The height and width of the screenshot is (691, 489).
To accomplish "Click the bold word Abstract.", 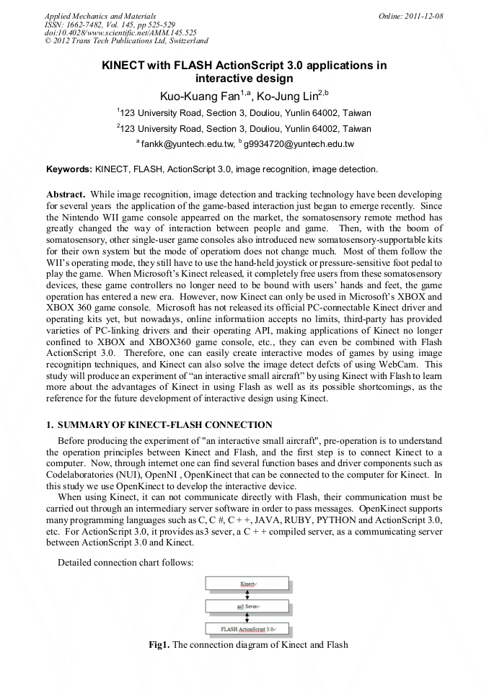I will (66, 195).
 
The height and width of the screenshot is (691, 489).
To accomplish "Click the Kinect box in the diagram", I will (247, 582).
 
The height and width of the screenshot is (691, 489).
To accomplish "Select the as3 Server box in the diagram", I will (247, 606).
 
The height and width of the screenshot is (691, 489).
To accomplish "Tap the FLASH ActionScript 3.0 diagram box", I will (247, 629).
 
